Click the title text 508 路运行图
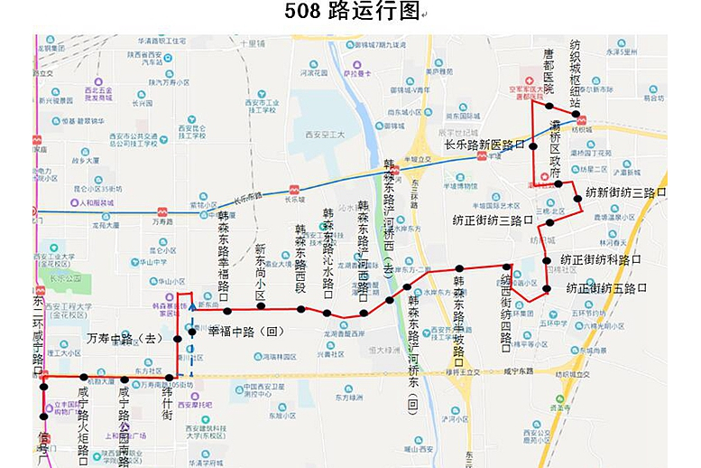point(352,12)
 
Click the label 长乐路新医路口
point(484,145)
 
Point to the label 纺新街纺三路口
point(625,192)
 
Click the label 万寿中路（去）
point(123,338)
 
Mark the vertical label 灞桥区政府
point(556,154)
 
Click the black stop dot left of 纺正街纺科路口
point(547,261)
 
